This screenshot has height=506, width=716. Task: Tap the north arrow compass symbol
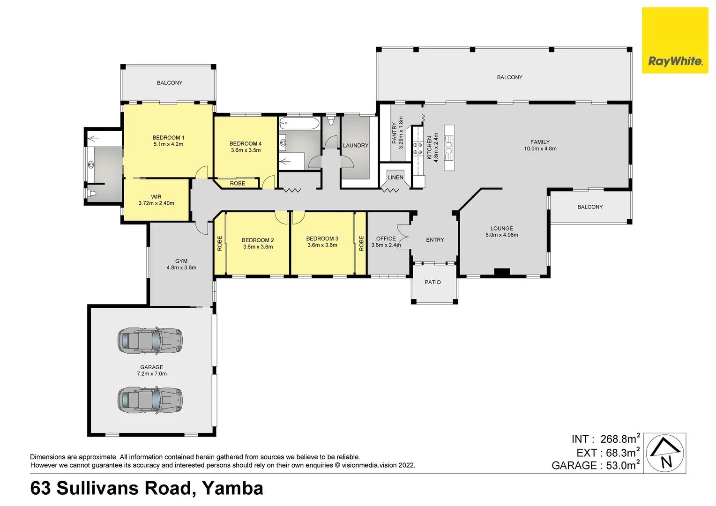[665, 453]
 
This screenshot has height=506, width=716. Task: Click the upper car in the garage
[150, 341]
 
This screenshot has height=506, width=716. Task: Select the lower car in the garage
[150, 400]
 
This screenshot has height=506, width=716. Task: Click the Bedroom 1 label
[168, 138]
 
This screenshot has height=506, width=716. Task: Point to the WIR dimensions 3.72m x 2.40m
[156, 203]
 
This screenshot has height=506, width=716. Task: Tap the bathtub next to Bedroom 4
[299, 124]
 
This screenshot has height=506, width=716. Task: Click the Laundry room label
[356, 146]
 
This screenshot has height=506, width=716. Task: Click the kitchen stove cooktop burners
[418, 149]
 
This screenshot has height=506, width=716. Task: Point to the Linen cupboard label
[395, 178]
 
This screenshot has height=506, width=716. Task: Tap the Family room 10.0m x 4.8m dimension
[540, 149]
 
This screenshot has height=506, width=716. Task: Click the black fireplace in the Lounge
[501, 272]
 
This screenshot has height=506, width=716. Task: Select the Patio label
[433, 282]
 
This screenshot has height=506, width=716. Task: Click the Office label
[386, 238]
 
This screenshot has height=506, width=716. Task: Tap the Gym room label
[181, 261]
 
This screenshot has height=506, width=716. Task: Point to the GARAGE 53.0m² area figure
[595, 465]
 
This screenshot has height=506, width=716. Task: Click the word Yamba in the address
[232, 488]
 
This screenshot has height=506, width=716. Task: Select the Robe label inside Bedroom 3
[361, 243]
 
